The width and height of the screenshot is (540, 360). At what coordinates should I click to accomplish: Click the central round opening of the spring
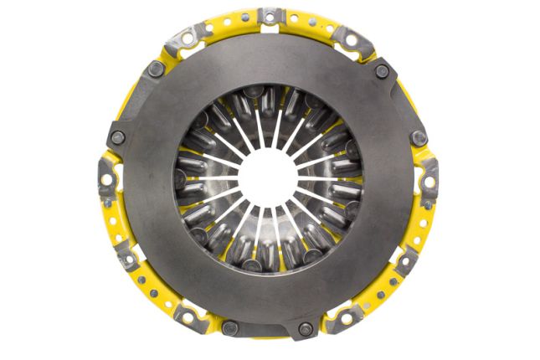270,178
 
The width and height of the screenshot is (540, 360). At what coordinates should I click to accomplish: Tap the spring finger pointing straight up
270,126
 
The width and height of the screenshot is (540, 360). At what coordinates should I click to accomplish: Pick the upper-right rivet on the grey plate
383,71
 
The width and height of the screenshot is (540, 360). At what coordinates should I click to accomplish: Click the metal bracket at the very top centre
270,16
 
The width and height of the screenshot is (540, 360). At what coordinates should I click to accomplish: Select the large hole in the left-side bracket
110,178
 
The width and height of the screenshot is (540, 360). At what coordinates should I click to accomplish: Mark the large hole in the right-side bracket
429,178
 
